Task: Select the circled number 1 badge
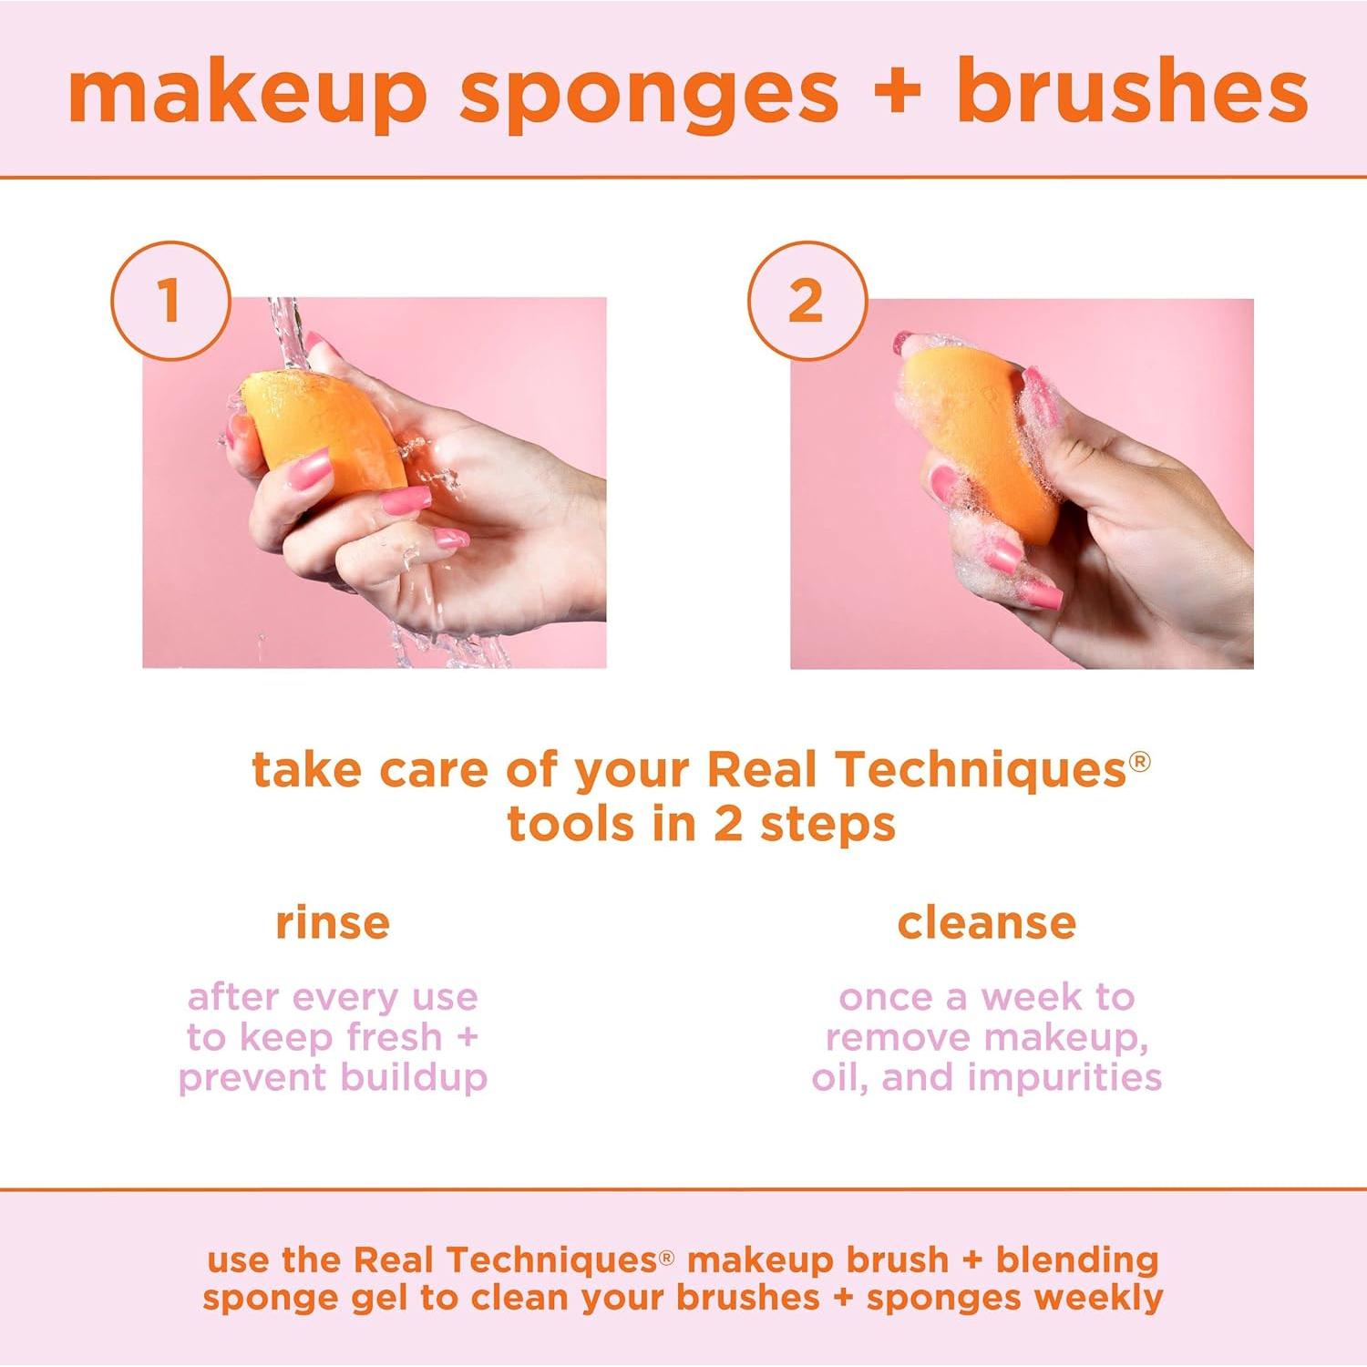pyautogui.click(x=170, y=300)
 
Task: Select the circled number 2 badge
pyautogui.click(x=806, y=300)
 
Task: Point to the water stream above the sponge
pyautogui.click(x=285, y=328)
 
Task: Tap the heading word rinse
pyautogui.click(x=333, y=922)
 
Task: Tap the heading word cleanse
pyautogui.click(x=986, y=922)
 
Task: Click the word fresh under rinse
pyautogui.click(x=394, y=1037)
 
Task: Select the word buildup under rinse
pyautogui.click(x=414, y=1077)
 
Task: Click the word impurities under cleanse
pyautogui.click(x=1064, y=1077)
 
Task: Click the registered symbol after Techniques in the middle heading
pyautogui.click(x=1140, y=760)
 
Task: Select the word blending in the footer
pyautogui.click(x=1076, y=1259)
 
